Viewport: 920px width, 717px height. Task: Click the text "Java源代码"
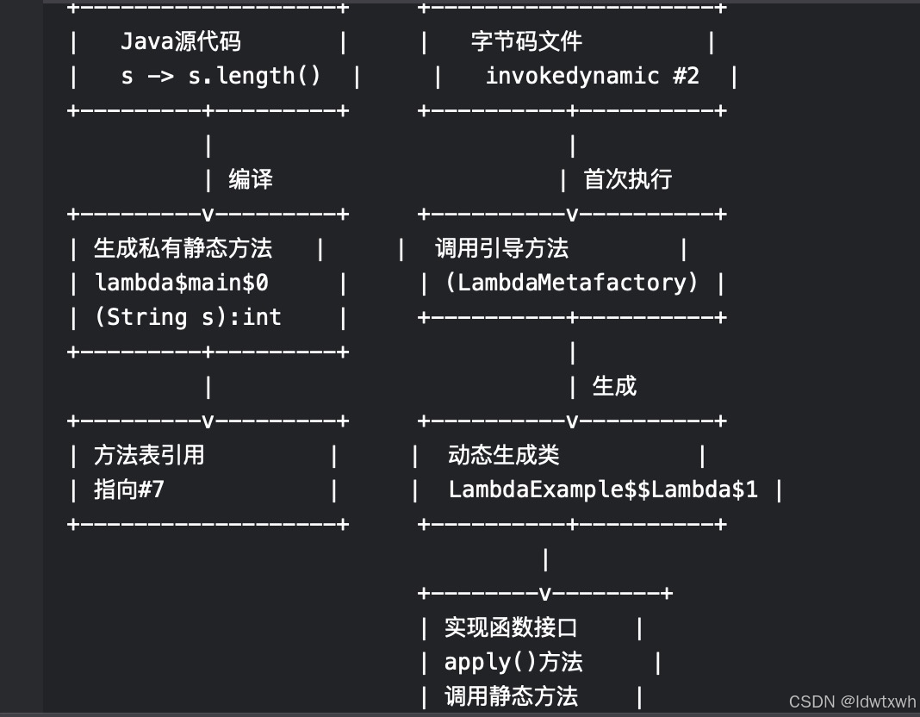[x=181, y=41]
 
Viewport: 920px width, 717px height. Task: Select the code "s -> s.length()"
[x=221, y=76]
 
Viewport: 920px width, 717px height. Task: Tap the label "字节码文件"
[x=526, y=41]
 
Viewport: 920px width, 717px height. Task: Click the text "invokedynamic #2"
[x=592, y=76]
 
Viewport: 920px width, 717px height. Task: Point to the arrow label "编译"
[x=251, y=179]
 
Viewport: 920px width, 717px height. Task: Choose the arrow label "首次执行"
[x=627, y=179]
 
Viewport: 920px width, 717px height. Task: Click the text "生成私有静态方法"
[x=183, y=248]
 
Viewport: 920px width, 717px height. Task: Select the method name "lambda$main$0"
[x=181, y=283]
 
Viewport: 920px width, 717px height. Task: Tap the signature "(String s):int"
[x=187, y=317]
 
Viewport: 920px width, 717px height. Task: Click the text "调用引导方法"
[x=501, y=248]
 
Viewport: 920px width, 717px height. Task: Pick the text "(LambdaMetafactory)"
[x=571, y=283]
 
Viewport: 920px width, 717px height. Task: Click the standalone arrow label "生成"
[x=614, y=386]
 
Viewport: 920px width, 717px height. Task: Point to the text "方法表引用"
[x=149, y=455]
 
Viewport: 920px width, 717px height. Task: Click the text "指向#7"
[x=128, y=489]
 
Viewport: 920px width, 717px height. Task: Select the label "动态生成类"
[x=503, y=455]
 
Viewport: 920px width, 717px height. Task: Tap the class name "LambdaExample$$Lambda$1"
[x=603, y=489]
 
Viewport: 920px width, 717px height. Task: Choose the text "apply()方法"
[x=513, y=662]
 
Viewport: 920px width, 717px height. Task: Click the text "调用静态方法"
[x=511, y=696]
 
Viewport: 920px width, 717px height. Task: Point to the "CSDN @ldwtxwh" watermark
[x=852, y=702]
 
